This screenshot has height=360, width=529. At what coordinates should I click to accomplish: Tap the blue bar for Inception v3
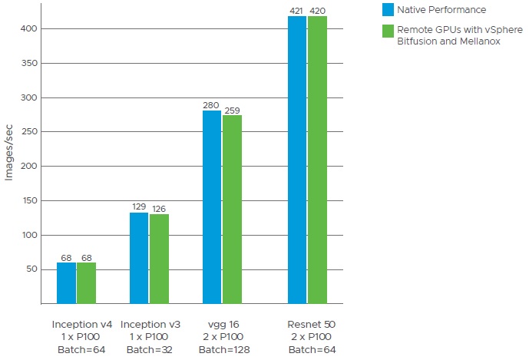139,258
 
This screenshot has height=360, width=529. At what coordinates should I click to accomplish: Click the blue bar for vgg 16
212,207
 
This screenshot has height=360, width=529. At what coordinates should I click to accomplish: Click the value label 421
297,10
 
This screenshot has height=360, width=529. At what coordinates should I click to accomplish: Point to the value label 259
233,110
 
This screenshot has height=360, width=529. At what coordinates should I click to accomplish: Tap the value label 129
139,207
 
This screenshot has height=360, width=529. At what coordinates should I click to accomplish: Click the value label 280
212,105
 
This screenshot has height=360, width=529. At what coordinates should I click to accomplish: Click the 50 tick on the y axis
30,269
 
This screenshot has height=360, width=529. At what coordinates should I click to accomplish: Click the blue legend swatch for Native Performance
388,10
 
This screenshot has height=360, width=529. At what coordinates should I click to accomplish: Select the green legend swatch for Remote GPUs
388,31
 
